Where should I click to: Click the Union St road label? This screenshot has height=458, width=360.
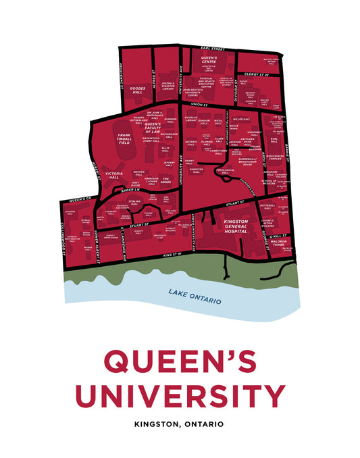coord(199,105)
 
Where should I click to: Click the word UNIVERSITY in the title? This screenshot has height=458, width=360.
coord(180,395)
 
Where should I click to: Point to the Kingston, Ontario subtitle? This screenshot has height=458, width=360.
coord(180,425)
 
